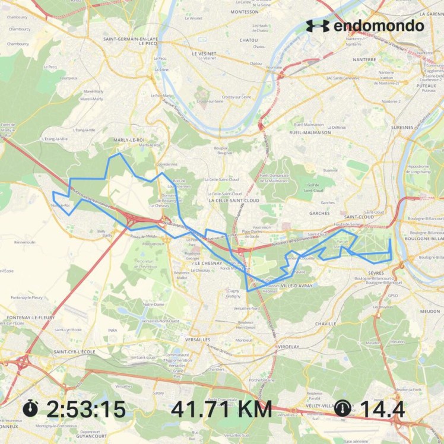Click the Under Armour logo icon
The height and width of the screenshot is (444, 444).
318,26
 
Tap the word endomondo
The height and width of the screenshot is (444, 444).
379,26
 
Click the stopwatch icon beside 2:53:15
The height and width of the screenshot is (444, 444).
31,408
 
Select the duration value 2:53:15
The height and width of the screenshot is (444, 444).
86,409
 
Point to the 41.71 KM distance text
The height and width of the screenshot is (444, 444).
221,409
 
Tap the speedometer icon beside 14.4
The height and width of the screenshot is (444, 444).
342,408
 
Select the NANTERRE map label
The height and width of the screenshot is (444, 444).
363,59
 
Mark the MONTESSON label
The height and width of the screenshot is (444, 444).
245,12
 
